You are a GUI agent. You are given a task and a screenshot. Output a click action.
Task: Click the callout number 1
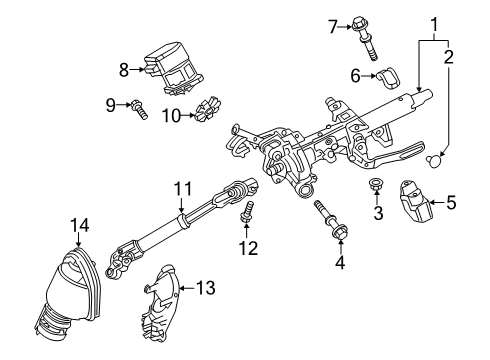click(433, 22)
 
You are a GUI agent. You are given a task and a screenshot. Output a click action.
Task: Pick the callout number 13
click(205, 288)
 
